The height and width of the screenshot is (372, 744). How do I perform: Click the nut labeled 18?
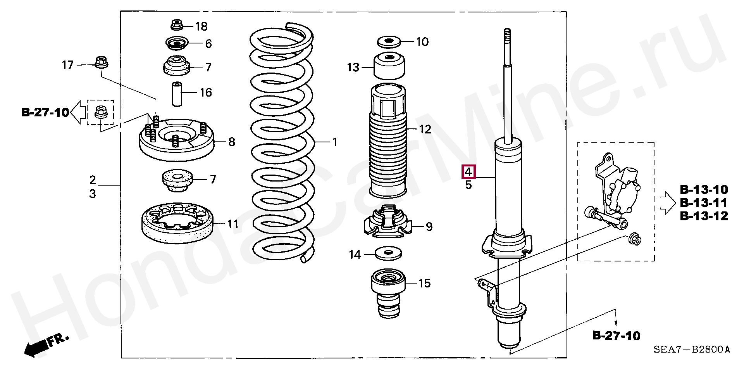point(177,25)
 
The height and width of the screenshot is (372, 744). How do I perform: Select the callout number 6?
point(208,43)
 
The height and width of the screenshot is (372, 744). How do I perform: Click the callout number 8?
point(232,142)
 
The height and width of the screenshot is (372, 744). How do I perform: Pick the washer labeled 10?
point(389,42)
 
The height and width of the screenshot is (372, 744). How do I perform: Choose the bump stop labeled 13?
point(389,66)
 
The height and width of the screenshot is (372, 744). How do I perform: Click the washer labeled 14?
point(389,254)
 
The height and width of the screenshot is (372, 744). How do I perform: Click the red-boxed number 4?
point(468,171)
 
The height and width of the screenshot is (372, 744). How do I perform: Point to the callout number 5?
point(468,185)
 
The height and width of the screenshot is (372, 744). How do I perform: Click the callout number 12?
point(425,129)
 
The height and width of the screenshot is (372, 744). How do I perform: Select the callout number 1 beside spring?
point(335,142)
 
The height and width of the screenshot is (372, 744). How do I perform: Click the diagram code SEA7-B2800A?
point(691,350)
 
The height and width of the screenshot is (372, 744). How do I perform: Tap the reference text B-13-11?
point(704,203)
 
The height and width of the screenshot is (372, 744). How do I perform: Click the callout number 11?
point(232,224)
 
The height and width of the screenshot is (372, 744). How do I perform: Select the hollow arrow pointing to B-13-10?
point(667,203)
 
